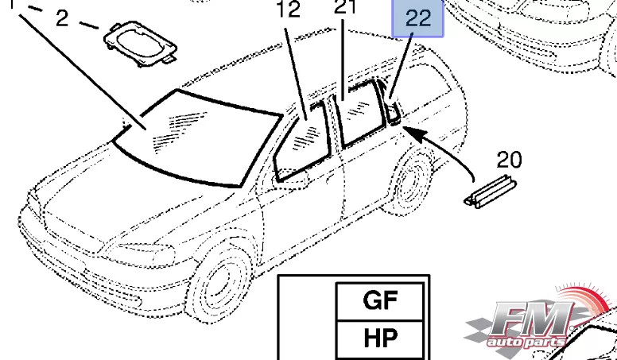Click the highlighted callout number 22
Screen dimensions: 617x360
[x=417, y=19]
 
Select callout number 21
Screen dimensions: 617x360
[x=344, y=10]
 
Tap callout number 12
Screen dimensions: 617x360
[x=289, y=10]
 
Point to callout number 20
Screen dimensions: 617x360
[x=509, y=161]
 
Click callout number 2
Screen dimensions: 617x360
[x=62, y=18]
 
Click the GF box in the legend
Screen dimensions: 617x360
[x=380, y=301]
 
